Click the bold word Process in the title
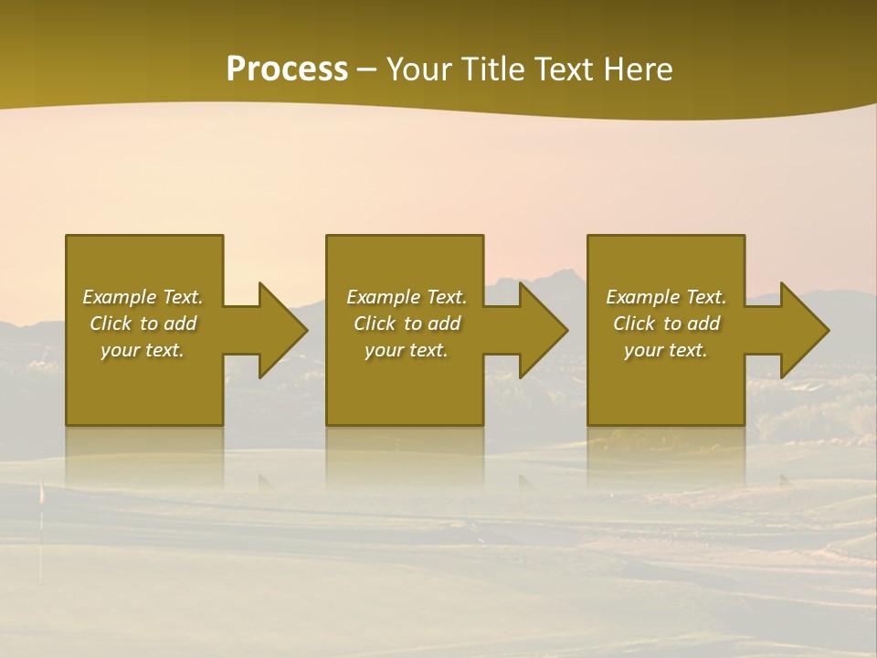pyautogui.click(x=287, y=69)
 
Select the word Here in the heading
pyautogui.click(x=637, y=69)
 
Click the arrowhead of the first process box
pyautogui.click(x=282, y=330)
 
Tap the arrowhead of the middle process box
pyautogui.click(x=543, y=330)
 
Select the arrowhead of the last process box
pyautogui.click(x=804, y=330)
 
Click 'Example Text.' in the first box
pyautogui.click(x=143, y=297)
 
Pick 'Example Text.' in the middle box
pyautogui.click(x=407, y=297)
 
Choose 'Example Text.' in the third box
pyautogui.click(x=666, y=297)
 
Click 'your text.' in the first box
pyautogui.click(x=143, y=350)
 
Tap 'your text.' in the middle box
pyautogui.click(x=407, y=350)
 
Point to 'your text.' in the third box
pyautogui.click(x=666, y=350)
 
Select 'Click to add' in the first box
pyautogui.click(x=143, y=324)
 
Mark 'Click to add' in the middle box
pyautogui.click(x=407, y=324)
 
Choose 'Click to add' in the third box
pyautogui.click(x=666, y=324)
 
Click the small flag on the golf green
pyautogui.click(x=40, y=494)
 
